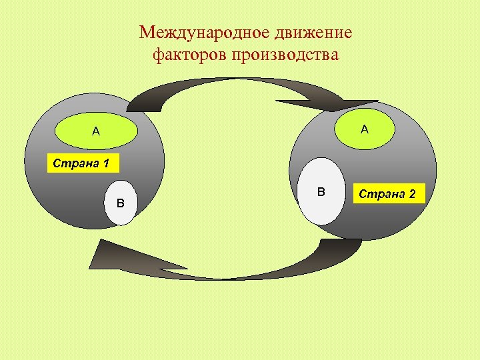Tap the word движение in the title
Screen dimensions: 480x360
click(x=317, y=33)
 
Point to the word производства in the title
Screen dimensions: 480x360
click(x=285, y=55)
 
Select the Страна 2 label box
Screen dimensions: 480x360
click(x=387, y=194)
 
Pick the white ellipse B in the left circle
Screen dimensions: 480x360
click(x=121, y=202)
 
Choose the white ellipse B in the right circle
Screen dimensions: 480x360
click(x=321, y=192)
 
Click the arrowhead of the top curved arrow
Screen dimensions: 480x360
click(x=333, y=103)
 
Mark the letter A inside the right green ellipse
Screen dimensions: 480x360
click(x=364, y=129)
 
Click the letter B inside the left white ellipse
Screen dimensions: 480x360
click(x=121, y=203)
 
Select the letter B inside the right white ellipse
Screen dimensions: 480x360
click(x=321, y=192)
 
